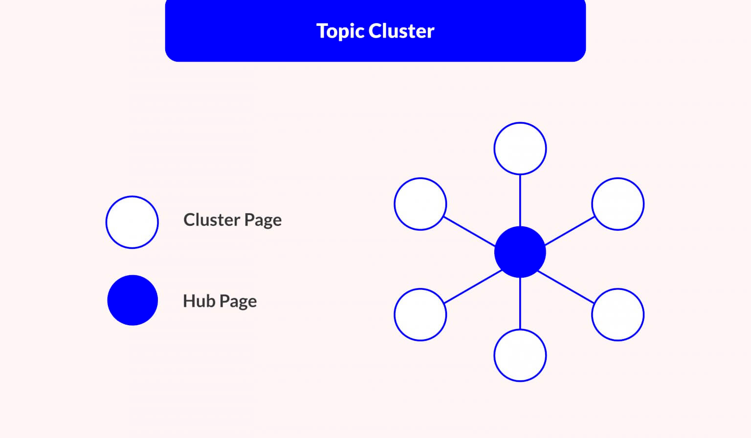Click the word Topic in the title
click(341, 31)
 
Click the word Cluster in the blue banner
click(401, 31)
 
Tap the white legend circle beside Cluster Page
click(132, 222)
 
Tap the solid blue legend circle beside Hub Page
click(133, 300)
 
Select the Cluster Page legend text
click(232, 220)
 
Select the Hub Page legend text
click(220, 301)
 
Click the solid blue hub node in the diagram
click(520, 252)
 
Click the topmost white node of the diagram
click(520, 149)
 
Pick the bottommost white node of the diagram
click(520, 355)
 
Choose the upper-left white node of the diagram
click(420, 204)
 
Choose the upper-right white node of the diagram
click(618, 204)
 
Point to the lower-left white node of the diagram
click(420, 315)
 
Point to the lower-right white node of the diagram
click(618, 315)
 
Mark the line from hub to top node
click(520, 200)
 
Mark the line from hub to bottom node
click(520, 304)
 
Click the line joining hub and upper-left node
click(469, 232)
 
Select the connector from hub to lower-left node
click(473, 286)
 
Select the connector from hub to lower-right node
click(566, 287)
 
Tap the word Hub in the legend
click(199, 301)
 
